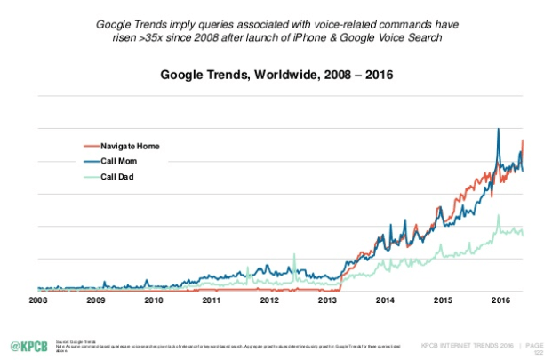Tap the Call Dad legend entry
pos(118,177)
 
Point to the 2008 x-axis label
pos(37,302)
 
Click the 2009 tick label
pos(96,302)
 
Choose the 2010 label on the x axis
pos(154,302)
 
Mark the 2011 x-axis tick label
pos(212,302)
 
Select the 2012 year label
pos(269,302)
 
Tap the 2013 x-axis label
pos(327,302)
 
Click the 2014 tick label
pos(385,302)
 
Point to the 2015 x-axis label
pos(443,302)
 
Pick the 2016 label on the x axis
pos(500,302)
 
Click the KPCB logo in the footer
pos(29,345)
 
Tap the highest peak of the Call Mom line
pos(498,130)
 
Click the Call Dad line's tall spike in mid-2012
pos(293,256)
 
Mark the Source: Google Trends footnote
pos(71,340)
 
